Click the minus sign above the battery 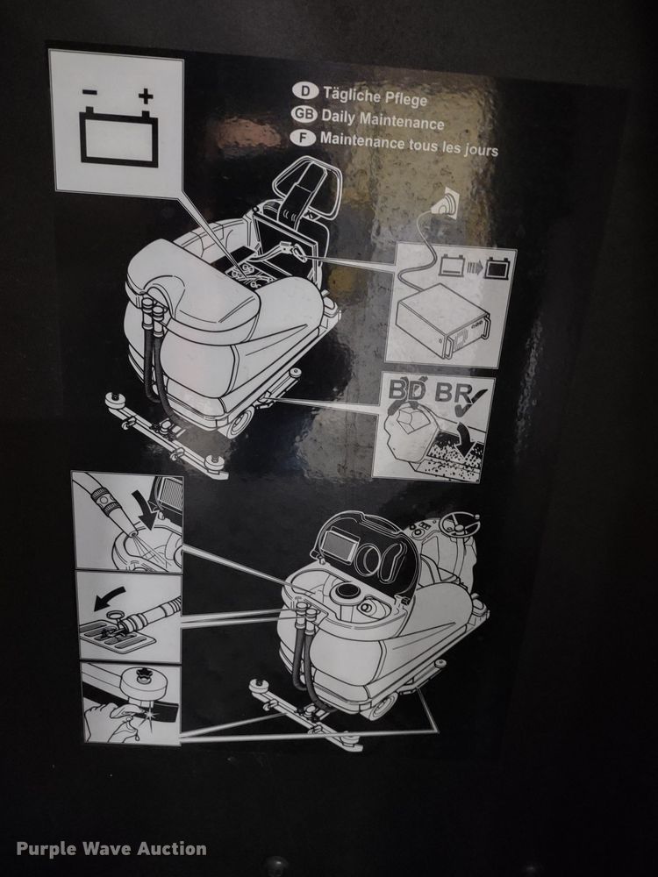pos(89,91)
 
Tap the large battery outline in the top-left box pos(118,138)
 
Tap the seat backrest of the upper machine pos(304,194)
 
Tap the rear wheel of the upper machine pos(236,424)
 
